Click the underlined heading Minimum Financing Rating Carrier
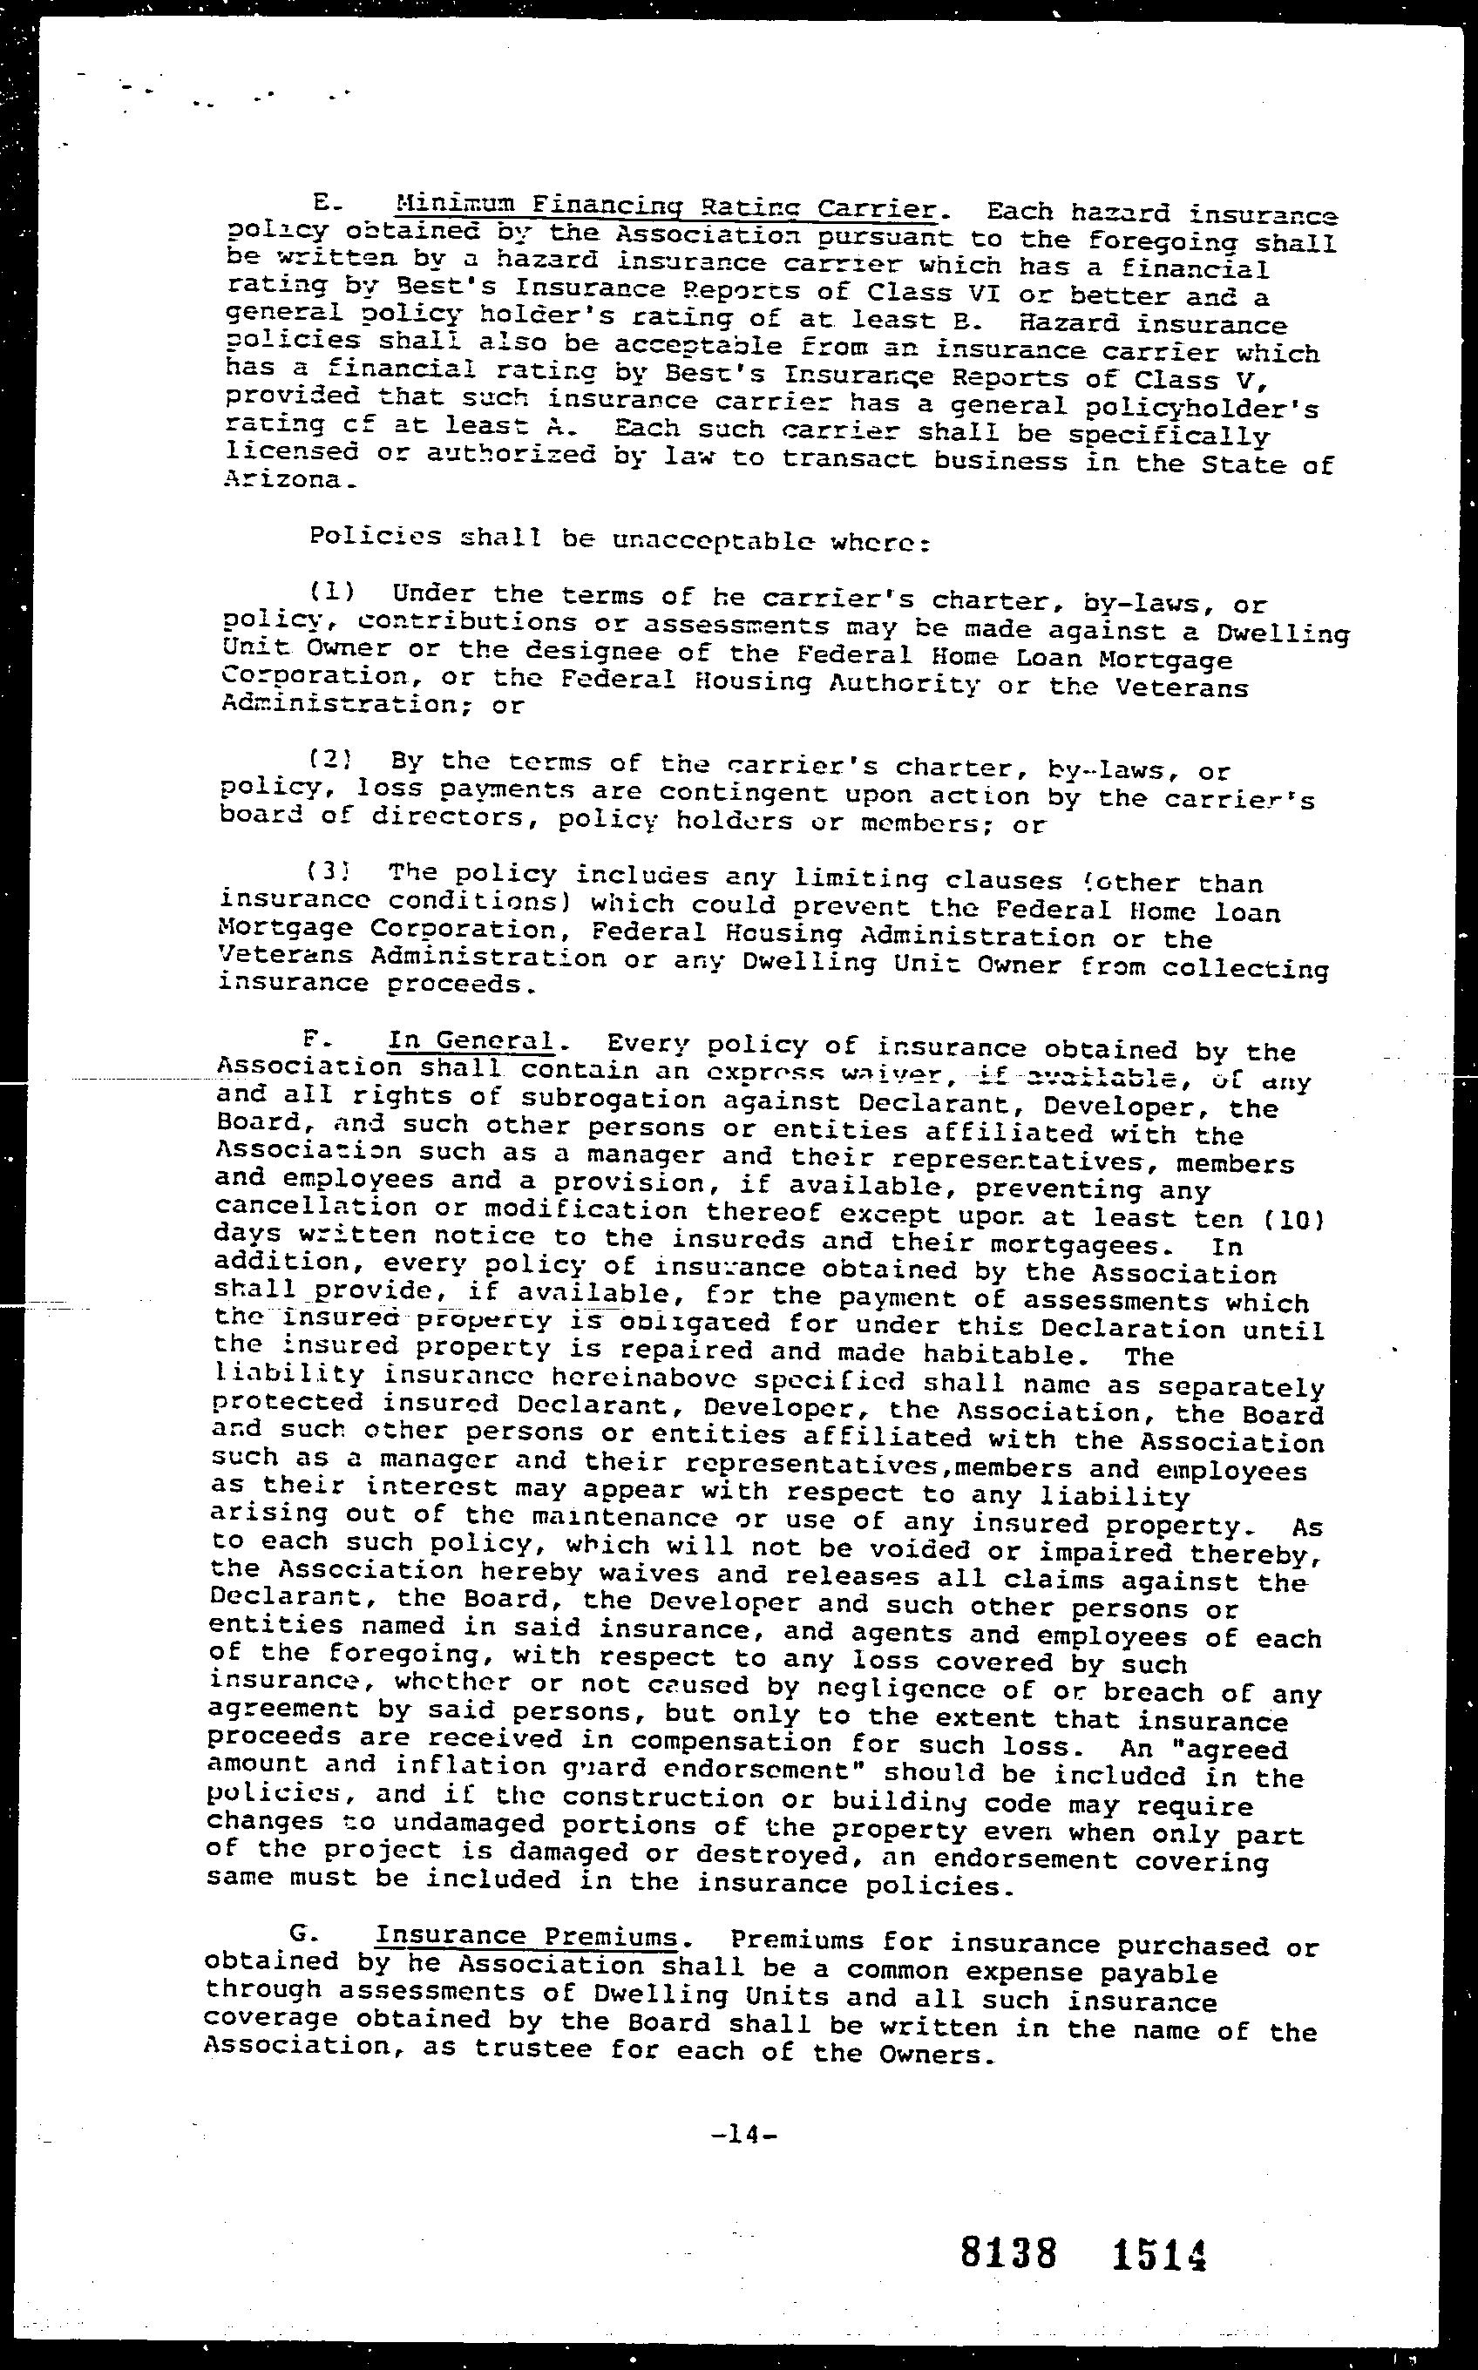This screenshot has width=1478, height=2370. (666, 207)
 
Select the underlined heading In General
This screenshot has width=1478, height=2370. (471, 1041)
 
